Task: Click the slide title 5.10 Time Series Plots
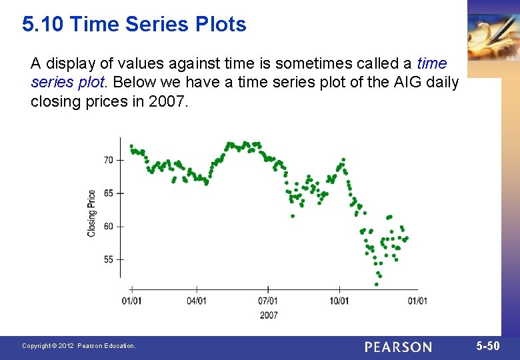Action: click(134, 25)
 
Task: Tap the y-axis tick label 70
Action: click(109, 160)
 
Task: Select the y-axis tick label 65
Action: click(109, 193)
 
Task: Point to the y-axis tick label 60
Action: click(109, 226)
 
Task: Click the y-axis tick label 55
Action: click(109, 259)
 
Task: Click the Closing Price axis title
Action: click(91, 213)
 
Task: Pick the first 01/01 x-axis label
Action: click(131, 301)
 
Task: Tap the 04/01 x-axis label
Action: click(196, 301)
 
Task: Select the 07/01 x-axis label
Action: click(268, 301)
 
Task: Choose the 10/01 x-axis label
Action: click(339, 301)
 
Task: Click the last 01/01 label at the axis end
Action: click(417, 301)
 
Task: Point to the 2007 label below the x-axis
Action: click(269, 315)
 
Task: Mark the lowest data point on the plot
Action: click(376, 284)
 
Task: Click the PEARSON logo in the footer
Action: click(398, 347)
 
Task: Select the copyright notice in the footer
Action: click(79, 346)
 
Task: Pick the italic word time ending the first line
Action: click(431, 64)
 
